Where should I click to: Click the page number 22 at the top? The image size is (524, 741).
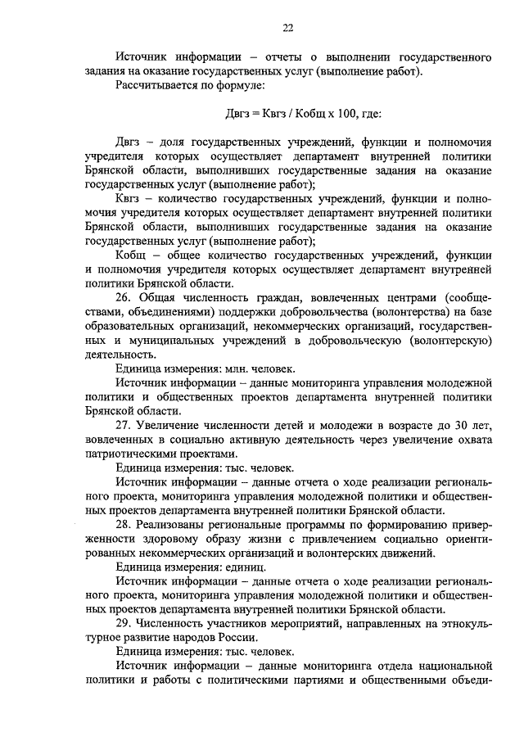pyautogui.click(x=287, y=28)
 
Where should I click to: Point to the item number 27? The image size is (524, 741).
pyautogui.click(x=124, y=424)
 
